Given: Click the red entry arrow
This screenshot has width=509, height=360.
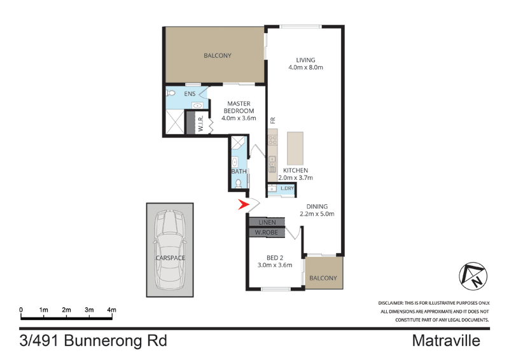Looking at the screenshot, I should click(244, 205).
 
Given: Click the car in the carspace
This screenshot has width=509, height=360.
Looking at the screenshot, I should click(170, 249).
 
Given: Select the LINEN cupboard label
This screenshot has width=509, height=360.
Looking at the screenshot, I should click(267, 222).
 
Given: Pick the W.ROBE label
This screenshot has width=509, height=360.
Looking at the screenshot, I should click(267, 232).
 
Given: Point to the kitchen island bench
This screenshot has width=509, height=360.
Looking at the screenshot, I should click(295, 148).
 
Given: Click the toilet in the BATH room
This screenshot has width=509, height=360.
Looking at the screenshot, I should click(238, 183).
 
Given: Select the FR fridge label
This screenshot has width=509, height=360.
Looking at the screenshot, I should click(272, 120).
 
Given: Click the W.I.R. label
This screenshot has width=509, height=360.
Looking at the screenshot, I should click(200, 123).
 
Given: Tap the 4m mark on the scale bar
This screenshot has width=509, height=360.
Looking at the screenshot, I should click(112, 310).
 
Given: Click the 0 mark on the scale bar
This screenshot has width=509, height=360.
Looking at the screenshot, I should click(21, 310).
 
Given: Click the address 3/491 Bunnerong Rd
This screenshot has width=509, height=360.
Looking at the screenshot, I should click(93, 341).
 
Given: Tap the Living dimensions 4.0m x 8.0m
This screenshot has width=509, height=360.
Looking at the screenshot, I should click(306, 67).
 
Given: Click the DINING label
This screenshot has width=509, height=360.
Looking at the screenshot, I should click(317, 206).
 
